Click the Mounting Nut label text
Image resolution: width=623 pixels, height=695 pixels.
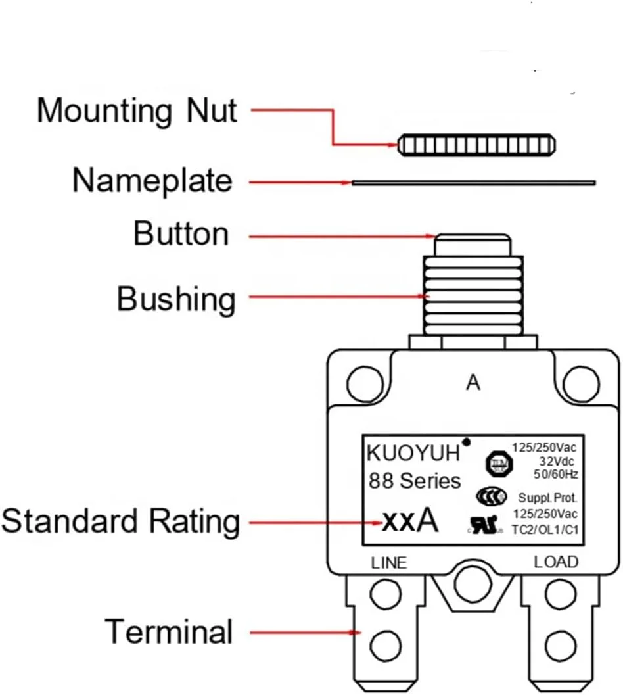point(136,110)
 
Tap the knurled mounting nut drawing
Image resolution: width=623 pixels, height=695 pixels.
point(478,143)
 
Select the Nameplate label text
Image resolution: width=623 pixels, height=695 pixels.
point(152,181)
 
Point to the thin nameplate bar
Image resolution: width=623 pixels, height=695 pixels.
point(473,182)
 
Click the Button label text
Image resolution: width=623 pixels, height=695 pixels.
point(181,233)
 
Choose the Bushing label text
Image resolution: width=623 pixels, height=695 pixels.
point(175,299)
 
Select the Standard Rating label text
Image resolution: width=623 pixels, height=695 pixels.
point(120,522)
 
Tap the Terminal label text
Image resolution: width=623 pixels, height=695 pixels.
point(169,632)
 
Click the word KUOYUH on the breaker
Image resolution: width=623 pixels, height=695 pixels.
point(415,453)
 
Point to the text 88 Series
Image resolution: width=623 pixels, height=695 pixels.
point(414,481)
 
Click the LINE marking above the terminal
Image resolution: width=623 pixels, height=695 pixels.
point(389,563)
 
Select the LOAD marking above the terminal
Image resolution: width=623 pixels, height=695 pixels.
point(556,562)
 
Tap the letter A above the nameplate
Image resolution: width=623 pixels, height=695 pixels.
point(473,383)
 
